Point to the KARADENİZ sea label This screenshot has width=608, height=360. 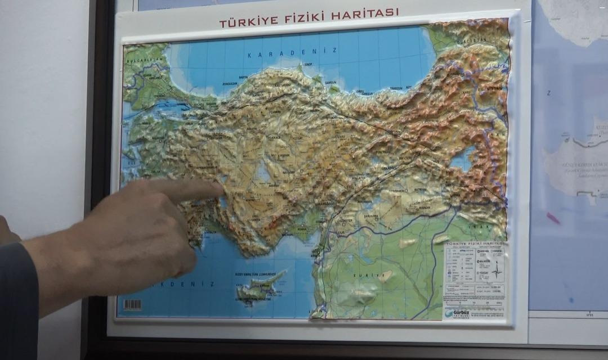292,52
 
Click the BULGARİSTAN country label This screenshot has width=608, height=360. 143,60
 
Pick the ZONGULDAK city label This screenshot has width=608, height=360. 230,83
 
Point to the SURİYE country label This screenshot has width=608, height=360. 362,276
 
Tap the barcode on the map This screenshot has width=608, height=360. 133,304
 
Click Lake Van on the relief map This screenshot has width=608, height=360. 462,160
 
